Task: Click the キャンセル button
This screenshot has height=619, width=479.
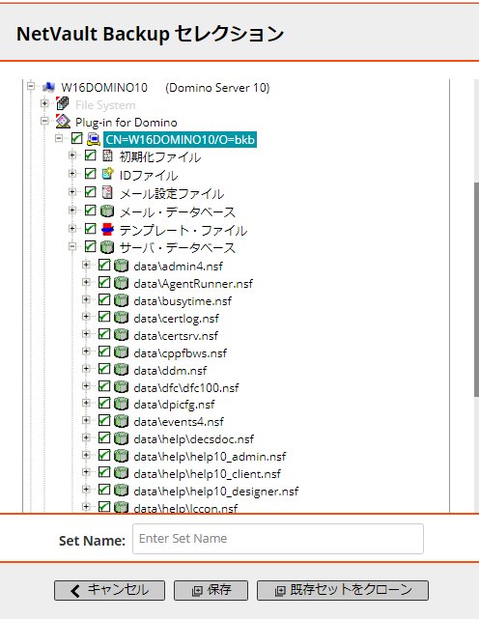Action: (109, 590)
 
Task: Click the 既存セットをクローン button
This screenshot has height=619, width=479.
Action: (343, 590)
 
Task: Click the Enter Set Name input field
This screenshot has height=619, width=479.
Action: (278, 539)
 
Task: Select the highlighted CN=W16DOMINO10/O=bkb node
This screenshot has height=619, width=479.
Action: (180, 140)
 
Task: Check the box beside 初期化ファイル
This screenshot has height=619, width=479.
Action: (91, 155)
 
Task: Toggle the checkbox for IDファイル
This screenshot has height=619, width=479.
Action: (91, 173)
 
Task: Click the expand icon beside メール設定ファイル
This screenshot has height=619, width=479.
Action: (72, 192)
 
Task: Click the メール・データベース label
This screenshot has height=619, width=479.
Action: (178, 212)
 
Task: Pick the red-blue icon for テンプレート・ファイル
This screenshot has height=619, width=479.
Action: (107, 230)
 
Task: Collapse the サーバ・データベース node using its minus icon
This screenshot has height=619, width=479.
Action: (72, 247)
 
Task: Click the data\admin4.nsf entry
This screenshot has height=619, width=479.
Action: (178, 267)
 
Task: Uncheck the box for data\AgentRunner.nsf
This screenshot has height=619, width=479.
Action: (104, 282)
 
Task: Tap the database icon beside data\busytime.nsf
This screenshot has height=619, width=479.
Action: (122, 300)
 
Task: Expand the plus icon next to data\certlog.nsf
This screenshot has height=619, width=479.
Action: (86, 317)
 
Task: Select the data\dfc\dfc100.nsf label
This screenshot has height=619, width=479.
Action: (186, 387)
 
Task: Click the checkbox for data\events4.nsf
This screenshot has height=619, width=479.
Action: (104, 420)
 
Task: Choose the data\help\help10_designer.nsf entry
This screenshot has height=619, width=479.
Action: (216, 492)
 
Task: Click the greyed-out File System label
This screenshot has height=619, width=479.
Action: (105, 105)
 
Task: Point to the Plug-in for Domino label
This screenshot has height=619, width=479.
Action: (127, 123)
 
